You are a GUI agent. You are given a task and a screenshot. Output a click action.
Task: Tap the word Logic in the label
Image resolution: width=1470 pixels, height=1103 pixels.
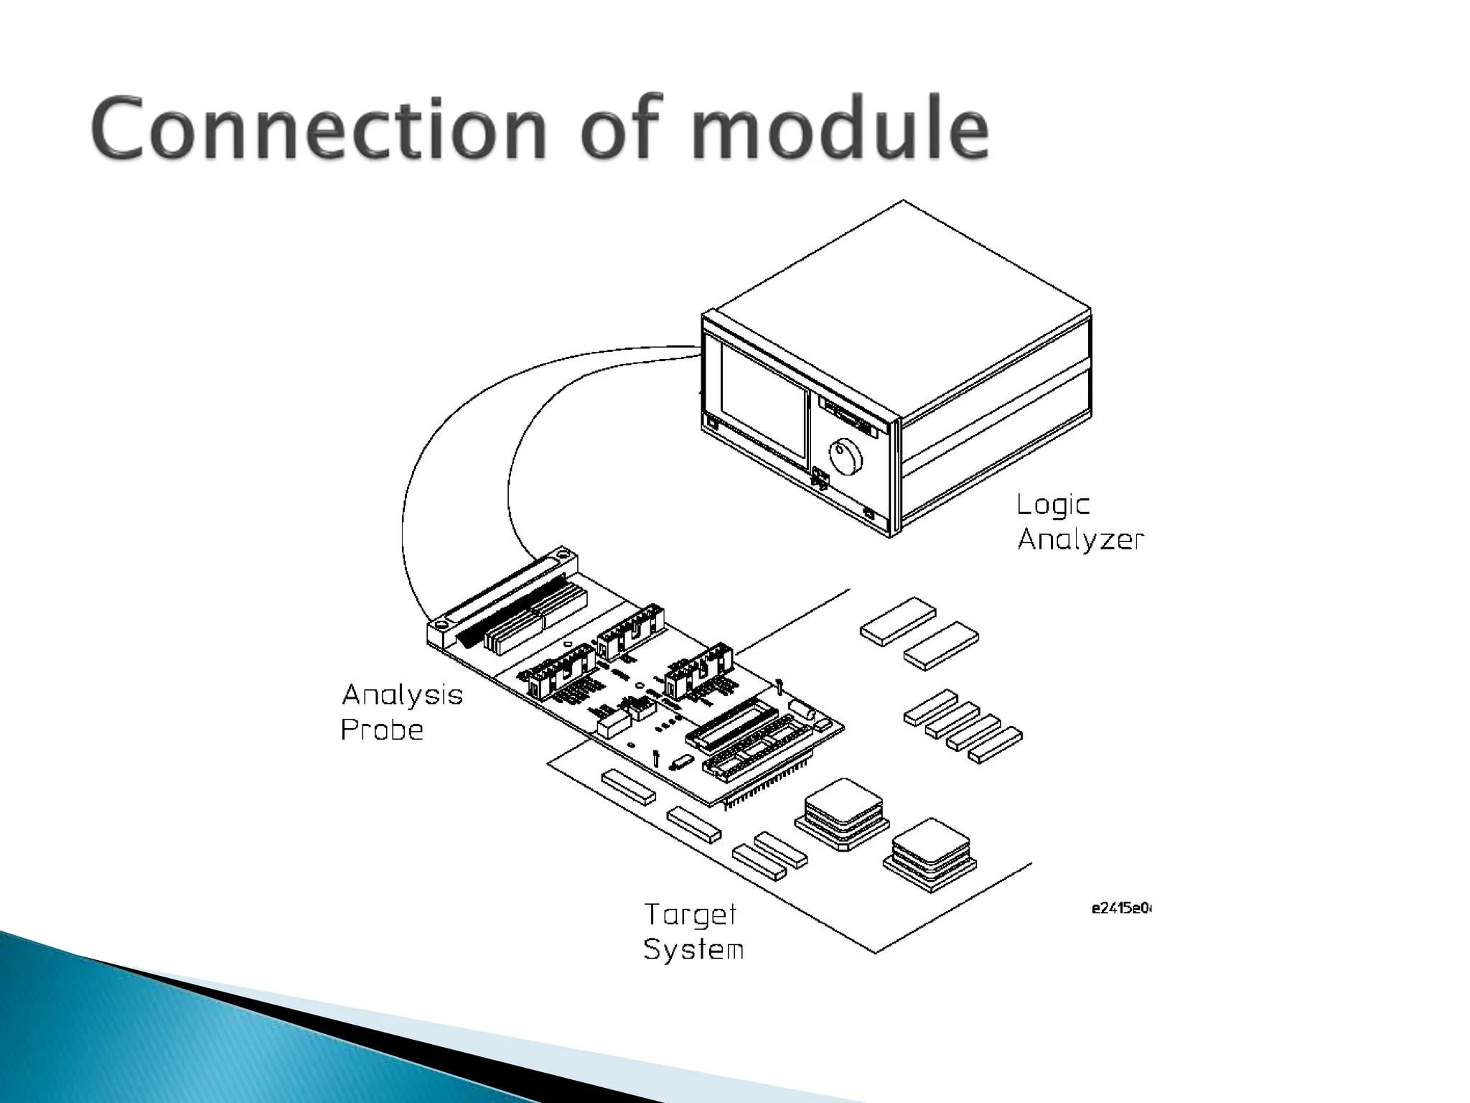1052,506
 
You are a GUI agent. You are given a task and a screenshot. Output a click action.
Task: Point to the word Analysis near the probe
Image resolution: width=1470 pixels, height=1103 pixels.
402,695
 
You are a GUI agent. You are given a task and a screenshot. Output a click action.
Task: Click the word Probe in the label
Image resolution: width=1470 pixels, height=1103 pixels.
382,730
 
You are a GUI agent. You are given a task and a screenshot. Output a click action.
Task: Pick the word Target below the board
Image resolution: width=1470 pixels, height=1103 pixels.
690,915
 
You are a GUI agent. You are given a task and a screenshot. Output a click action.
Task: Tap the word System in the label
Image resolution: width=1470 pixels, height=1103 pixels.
693,949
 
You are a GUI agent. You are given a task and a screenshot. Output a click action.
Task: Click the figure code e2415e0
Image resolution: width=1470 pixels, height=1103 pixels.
1120,908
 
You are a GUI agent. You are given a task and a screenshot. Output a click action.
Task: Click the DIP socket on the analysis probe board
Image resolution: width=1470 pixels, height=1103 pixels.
732,726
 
